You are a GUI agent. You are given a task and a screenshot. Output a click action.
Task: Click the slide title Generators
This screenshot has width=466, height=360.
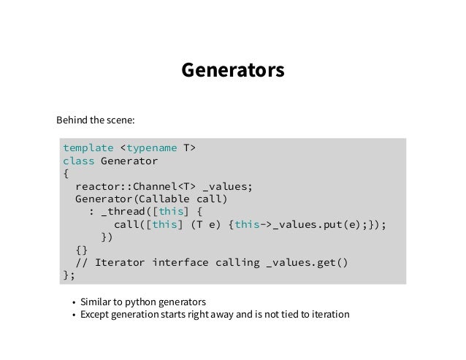[232, 71]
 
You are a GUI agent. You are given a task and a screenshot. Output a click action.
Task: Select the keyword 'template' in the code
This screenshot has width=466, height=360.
[88, 148]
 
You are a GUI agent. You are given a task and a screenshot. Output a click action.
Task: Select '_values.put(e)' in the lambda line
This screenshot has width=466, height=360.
[319, 224]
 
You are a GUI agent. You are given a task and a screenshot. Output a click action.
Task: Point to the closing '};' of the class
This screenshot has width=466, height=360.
[69, 275]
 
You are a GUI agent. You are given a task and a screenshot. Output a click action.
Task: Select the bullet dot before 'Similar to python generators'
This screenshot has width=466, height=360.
[74, 302]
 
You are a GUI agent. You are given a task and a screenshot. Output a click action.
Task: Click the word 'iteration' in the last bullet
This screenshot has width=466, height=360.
[329, 315]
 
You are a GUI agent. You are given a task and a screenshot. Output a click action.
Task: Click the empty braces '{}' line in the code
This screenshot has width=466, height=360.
[81, 250]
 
